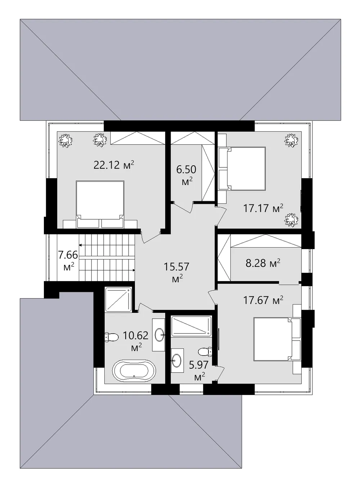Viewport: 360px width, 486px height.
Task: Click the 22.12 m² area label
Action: (x=113, y=165)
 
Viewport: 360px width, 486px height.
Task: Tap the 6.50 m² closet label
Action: (x=186, y=175)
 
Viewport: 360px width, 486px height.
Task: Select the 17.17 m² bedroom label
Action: (x=263, y=208)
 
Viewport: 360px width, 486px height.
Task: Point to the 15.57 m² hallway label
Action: (x=176, y=273)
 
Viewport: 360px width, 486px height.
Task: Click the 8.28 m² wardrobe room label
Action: (x=263, y=263)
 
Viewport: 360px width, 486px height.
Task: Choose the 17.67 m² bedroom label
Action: (x=263, y=300)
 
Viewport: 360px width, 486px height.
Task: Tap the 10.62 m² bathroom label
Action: (x=136, y=341)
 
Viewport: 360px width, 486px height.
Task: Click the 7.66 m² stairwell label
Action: (x=68, y=260)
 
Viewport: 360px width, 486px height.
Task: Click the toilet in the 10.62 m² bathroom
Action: (x=111, y=337)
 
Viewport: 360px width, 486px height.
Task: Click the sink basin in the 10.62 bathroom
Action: (x=160, y=334)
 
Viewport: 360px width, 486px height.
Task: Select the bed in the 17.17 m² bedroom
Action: (x=242, y=168)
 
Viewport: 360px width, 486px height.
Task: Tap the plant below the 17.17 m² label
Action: (x=292, y=220)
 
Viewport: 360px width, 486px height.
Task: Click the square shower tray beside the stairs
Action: (x=118, y=299)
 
